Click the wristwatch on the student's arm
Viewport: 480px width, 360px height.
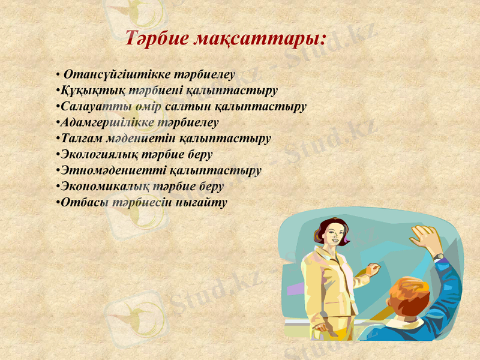439,257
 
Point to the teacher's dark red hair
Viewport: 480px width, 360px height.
324,227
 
